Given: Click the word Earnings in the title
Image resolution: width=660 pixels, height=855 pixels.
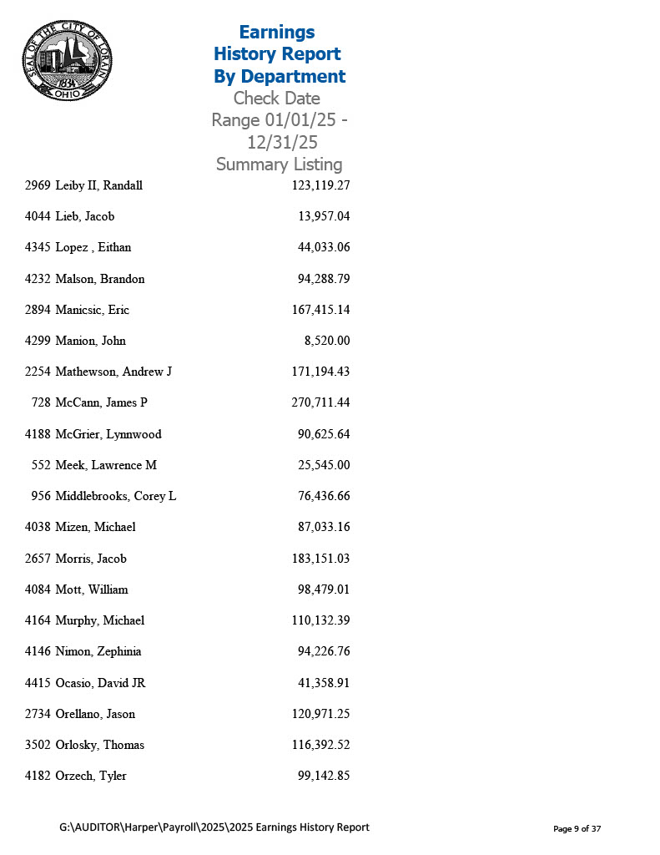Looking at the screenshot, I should (x=277, y=32).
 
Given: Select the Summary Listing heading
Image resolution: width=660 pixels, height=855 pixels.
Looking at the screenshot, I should (x=279, y=164).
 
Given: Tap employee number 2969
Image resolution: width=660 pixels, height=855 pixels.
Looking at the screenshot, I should (x=38, y=185).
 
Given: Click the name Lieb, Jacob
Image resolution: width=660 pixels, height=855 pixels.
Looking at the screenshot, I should (x=85, y=216).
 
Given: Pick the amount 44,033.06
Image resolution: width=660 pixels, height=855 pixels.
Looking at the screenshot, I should (x=324, y=247).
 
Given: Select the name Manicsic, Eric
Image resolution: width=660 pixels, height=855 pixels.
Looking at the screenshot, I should (x=93, y=310).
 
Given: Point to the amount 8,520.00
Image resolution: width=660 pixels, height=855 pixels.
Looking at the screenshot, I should (x=327, y=341).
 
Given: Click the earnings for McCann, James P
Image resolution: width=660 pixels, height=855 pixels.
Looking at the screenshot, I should (x=320, y=402).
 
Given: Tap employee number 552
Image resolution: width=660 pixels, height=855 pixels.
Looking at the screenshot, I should (x=42, y=465).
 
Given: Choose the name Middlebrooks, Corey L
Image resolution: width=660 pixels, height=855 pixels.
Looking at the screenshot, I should (x=116, y=496).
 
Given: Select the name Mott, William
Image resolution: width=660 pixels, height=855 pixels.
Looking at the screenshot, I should (x=92, y=589).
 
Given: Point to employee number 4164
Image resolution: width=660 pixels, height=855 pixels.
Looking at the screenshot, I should (x=38, y=620).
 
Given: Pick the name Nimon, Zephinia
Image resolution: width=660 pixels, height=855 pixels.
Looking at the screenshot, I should (x=98, y=651).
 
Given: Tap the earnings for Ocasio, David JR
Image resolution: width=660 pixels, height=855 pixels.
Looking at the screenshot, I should (x=324, y=683).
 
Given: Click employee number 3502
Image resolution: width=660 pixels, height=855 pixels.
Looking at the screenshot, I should (x=38, y=745).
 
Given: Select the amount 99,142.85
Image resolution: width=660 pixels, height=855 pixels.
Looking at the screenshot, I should (x=324, y=776).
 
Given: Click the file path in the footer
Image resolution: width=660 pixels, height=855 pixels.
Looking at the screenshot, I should (x=214, y=827).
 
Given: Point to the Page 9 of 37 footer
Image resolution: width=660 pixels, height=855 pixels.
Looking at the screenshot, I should (x=577, y=829).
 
